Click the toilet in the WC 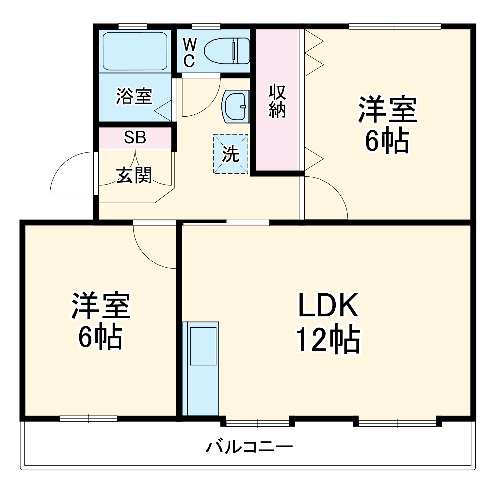[x=227, y=51]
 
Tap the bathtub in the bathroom [x=135, y=51]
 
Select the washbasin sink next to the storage [x=235, y=106]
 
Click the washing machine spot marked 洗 [x=231, y=154]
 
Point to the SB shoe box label [x=135, y=138]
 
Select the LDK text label [x=328, y=305]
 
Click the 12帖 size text [x=328, y=340]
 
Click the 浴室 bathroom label [x=134, y=96]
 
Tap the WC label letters [x=189, y=52]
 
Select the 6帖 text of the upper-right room [x=387, y=141]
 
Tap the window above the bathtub [x=132, y=26]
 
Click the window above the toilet [x=206, y=26]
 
